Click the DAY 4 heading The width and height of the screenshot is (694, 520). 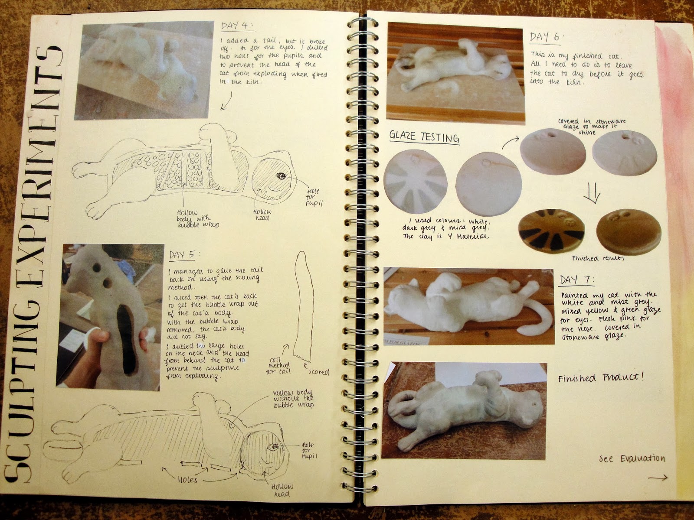236,26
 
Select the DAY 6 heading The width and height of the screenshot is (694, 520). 544,37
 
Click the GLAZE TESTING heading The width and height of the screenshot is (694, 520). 424,137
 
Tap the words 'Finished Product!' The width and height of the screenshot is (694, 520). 601,378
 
